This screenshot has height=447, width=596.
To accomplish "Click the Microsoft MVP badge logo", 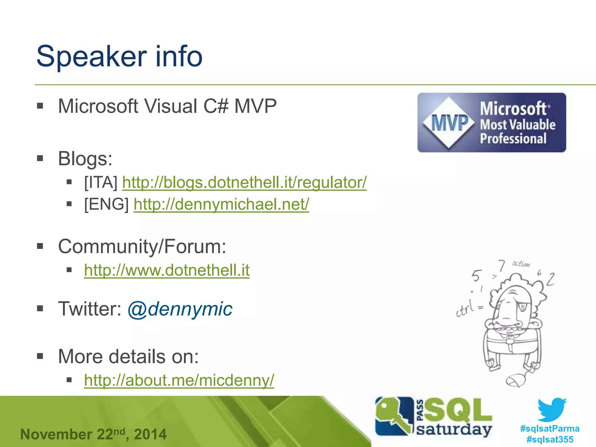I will (x=491, y=123).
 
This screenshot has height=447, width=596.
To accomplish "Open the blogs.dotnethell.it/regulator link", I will (x=244, y=183).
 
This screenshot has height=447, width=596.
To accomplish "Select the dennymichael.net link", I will (x=221, y=204).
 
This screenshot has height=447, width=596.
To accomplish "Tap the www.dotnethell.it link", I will (x=167, y=270).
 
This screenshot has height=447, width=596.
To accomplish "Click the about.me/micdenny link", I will (x=179, y=380).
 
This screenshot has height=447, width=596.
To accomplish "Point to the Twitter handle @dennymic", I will (x=180, y=309).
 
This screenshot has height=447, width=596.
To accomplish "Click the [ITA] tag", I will (x=101, y=183).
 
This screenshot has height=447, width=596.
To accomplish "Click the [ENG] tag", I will (x=106, y=204).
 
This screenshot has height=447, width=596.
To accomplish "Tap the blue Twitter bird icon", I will (x=552, y=409).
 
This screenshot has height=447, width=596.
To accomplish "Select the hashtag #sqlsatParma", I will (x=550, y=429).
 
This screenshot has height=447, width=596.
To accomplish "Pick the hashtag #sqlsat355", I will (x=550, y=439).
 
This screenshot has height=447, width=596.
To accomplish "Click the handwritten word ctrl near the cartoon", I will (x=465, y=309).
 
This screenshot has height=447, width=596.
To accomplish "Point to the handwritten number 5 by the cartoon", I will (x=476, y=275).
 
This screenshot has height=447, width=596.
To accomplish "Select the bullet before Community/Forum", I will (x=40, y=246).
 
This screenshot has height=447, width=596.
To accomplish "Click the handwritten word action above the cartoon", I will (x=521, y=264).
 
